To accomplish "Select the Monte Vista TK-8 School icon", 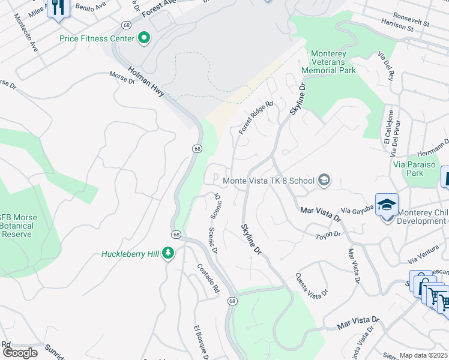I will tap(324, 181).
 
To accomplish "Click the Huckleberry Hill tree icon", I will tap(169, 254).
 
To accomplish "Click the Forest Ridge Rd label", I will tap(255, 116).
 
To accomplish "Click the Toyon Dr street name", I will tap(328, 235).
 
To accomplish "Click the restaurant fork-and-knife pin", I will tap(58, 8).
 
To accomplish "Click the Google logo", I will tap(19, 353).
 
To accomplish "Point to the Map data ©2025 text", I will tap(423, 355).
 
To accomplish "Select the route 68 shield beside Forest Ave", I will tap(125, 25).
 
